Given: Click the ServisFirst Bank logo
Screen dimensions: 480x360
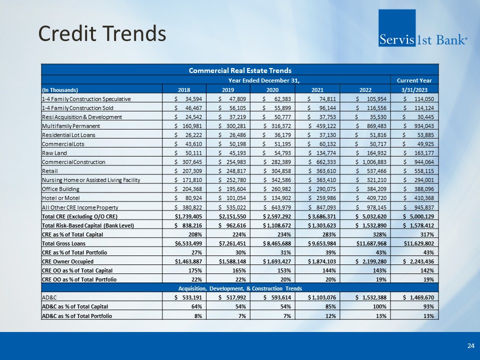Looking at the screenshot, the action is point(422,28).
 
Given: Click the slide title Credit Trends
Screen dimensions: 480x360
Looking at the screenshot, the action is point(102,33).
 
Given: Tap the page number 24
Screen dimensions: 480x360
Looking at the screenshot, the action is point(471,345).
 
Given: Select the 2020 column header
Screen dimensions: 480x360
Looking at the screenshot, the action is point(272,89).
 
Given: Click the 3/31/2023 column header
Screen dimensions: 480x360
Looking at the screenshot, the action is point(414,89).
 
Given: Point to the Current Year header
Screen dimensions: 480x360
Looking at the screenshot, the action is point(414,80).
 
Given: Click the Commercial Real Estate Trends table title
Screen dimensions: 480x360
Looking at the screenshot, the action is point(240,70).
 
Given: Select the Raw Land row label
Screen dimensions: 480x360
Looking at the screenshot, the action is point(54,153).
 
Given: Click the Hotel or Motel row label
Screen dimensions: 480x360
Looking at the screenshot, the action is point(60,198).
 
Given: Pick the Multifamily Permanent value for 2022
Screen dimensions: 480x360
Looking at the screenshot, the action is point(371,126).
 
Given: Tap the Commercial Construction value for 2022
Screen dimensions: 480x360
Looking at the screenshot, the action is point(371,162).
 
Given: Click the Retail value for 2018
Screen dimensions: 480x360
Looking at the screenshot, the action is point(188,171).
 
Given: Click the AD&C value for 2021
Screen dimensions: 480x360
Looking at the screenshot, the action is point(321,297).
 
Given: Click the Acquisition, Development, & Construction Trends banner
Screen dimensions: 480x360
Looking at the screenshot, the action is point(240,288).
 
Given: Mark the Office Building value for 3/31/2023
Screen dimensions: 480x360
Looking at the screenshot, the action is point(418,189).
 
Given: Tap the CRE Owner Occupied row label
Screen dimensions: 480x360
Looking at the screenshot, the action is point(67,261).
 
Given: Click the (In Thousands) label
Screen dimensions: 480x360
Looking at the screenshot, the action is point(60,90).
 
